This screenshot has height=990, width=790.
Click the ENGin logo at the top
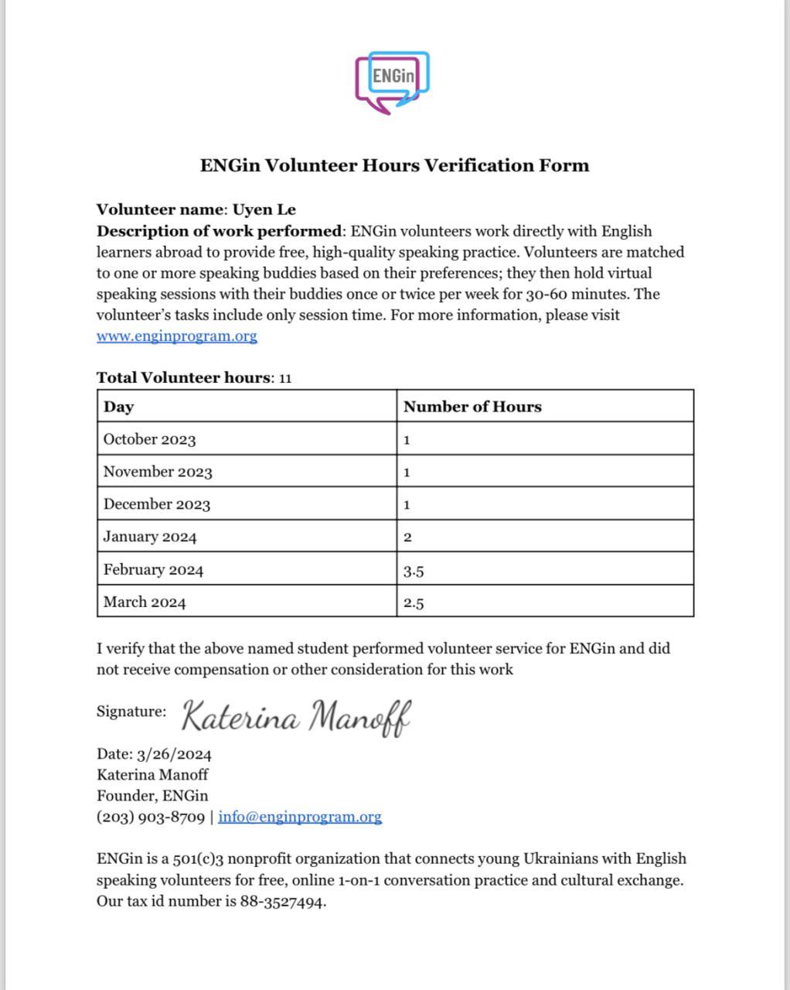[x=392, y=81]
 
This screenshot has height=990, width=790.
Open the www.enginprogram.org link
[x=176, y=336]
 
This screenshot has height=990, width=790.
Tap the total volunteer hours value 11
[x=285, y=378]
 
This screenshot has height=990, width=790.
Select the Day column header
[x=119, y=407]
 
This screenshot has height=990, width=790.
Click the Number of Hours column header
[x=472, y=407]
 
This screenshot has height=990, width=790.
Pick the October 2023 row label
[x=149, y=439]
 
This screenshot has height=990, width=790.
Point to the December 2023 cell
[x=157, y=504]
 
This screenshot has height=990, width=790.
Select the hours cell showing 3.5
[x=414, y=572]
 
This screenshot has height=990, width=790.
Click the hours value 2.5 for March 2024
[x=414, y=604]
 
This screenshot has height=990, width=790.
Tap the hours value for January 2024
[x=407, y=538]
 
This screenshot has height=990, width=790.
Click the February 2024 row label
[x=153, y=570]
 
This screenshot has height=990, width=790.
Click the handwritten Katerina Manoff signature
[x=296, y=716]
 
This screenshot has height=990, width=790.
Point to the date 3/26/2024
[x=174, y=755]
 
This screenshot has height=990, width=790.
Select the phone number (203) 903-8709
[x=151, y=817]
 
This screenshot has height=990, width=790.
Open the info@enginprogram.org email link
[x=300, y=817]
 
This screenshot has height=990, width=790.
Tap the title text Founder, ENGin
[x=152, y=796]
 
